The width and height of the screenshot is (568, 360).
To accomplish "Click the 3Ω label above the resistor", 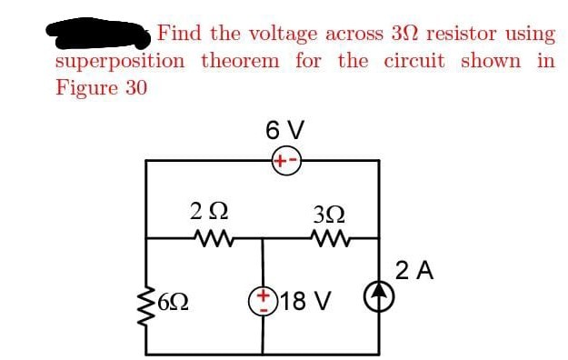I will (x=326, y=215).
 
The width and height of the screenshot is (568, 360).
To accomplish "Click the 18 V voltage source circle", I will (x=264, y=301).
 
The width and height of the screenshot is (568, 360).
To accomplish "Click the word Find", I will (x=179, y=34).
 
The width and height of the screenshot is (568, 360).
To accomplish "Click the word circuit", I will (x=414, y=62).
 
